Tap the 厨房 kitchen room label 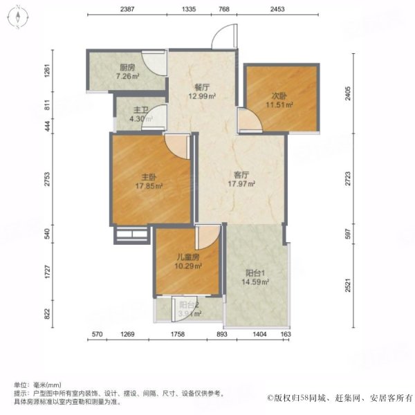point(127,67)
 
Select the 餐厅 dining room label point(202,87)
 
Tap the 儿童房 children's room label point(186,257)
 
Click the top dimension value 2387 point(127,9)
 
